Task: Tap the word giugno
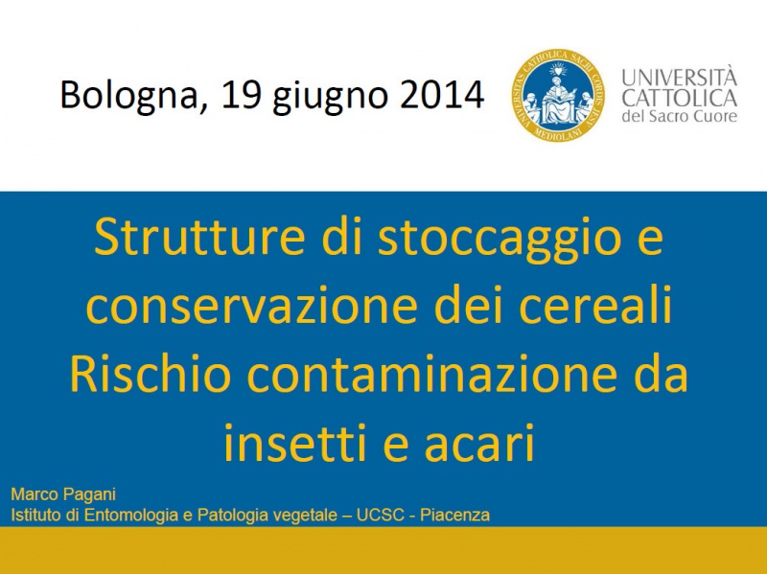(330, 98)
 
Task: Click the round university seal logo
(558, 95)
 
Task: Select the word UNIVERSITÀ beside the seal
(679, 77)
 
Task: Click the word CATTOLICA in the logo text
(679, 98)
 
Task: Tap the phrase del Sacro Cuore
(679, 116)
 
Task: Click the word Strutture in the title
(199, 237)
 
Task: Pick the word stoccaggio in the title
(499, 241)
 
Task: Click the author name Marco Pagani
(63, 494)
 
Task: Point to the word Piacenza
(454, 515)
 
